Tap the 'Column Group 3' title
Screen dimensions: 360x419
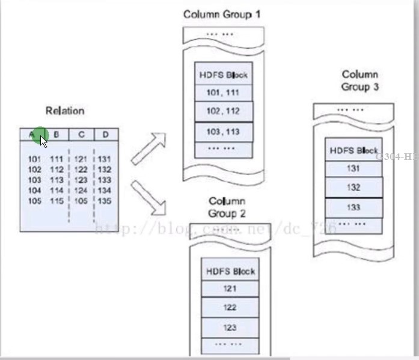(x=360, y=80)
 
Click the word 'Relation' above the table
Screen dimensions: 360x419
(x=65, y=111)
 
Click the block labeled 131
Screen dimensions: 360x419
(x=353, y=168)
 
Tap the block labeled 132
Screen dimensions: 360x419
(x=353, y=188)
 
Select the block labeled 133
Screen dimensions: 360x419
(x=353, y=207)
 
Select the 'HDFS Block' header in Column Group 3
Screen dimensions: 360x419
(x=353, y=150)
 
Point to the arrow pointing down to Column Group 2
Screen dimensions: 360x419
(x=149, y=197)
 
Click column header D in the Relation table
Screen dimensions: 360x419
(x=105, y=135)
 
